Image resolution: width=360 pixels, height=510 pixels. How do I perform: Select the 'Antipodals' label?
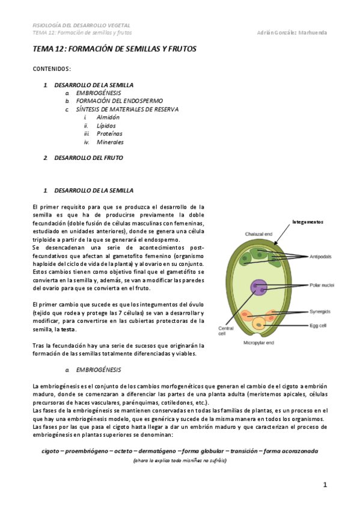(321, 257)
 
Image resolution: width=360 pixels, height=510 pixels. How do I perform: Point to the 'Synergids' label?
(320, 313)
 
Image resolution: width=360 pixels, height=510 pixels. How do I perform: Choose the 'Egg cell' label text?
(319, 325)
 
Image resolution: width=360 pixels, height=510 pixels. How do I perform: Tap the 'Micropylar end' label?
(258, 343)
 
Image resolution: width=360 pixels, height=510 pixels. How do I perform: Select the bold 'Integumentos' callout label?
(308, 221)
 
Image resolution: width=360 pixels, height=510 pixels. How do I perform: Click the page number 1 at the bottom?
(325, 484)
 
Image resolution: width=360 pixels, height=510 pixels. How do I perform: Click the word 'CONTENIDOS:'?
(52, 69)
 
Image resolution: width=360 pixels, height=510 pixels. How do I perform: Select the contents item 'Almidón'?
(108, 117)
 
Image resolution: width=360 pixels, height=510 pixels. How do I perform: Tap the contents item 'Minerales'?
(110, 142)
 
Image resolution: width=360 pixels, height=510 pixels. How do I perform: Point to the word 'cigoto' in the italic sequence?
(52, 450)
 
